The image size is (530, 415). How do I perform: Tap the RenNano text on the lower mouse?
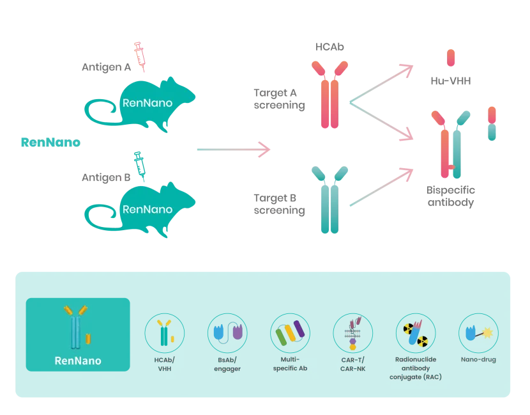point(148,208)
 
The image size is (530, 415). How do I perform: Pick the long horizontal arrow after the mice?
point(232,150)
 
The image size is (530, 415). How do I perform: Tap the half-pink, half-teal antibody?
point(452,143)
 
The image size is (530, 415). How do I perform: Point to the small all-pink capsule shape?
point(451,58)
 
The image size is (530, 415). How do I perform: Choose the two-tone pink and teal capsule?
point(492,123)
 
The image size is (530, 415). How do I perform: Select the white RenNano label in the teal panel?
point(78,361)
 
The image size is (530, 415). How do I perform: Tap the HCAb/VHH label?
point(165,364)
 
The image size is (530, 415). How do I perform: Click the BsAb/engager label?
point(228,364)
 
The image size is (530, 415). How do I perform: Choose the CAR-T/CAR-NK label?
point(353,364)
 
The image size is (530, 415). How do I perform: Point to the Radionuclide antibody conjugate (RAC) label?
point(416,368)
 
